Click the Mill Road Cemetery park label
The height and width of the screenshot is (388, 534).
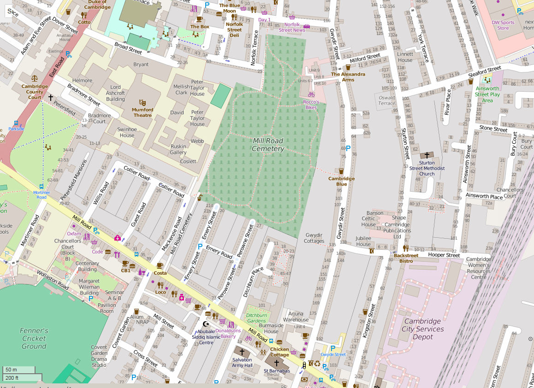click(268, 144)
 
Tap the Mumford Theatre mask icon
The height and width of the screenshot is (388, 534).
click(142, 103)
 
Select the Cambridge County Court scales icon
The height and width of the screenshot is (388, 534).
click(35, 78)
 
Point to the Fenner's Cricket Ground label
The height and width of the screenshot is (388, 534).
click(34, 338)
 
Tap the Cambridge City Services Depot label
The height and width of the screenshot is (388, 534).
click(423, 329)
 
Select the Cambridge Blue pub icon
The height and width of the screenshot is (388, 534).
click(341, 171)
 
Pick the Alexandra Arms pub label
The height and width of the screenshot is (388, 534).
click(348, 76)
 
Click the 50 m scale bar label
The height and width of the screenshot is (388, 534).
click(11, 370)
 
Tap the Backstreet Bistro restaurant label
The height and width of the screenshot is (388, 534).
click(406, 258)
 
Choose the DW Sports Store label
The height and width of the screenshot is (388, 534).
click(503, 25)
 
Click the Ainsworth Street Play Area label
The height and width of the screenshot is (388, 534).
click(487, 94)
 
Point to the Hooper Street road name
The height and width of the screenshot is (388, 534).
click(444, 255)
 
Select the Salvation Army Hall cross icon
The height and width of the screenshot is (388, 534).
click(242, 352)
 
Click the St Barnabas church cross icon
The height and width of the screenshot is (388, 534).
click(277, 363)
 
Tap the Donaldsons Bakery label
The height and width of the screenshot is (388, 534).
click(228, 333)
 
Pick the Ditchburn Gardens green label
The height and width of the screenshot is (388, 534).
click(257, 318)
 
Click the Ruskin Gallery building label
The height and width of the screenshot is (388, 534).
click(178, 149)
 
